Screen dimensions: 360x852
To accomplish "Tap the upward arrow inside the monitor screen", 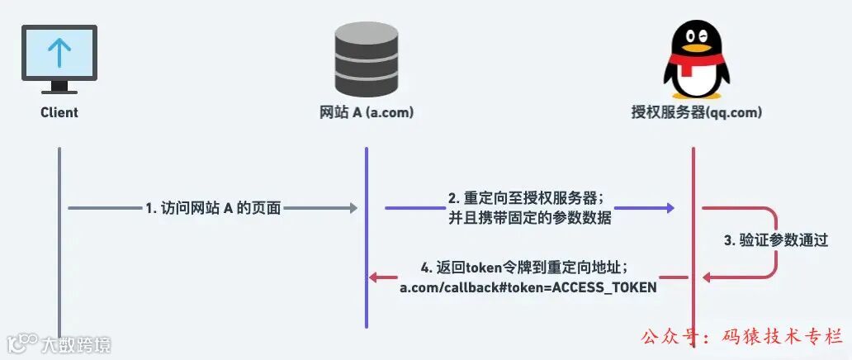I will [59, 52].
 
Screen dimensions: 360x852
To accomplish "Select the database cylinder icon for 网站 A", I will [367, 59].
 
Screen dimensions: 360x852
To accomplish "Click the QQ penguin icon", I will [692, 59].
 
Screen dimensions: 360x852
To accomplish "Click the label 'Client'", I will [59, 112].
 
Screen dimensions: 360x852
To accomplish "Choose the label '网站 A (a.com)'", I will [367, 112].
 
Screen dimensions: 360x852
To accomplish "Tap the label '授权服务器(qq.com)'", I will [692, 112].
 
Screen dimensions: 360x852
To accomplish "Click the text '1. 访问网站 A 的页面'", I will [213, 209].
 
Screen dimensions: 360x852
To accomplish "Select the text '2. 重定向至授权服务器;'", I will [527, 199].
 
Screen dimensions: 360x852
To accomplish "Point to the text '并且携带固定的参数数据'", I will [527, 218].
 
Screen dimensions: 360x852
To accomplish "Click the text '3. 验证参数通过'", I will [775, 240].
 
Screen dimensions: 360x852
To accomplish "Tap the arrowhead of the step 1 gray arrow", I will [354, 208].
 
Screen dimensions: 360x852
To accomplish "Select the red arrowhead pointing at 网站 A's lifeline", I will [374, 277].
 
